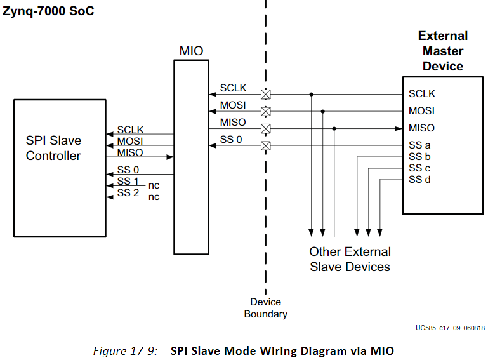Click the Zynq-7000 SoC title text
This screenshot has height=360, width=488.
pos(48,11)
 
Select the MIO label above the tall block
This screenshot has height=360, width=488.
pos(191,51)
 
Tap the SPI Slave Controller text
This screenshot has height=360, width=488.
pos(53,148)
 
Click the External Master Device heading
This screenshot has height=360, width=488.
pos(442,51)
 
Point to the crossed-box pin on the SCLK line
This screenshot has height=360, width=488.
pos(266,94)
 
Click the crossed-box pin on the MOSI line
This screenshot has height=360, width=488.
pos(266,111)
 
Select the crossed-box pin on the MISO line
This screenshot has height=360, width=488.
pos(266,128)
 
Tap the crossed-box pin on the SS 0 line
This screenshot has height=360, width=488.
pos(266,146)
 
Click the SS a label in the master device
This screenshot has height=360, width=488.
pos(419,145)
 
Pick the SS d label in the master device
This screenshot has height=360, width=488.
pos(419,180)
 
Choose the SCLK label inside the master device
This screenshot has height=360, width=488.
pos(422,94)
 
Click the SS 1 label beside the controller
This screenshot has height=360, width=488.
pos(128,182)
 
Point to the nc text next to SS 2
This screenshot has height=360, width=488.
pos(154,197)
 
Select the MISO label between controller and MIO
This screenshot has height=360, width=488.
pos(130,153)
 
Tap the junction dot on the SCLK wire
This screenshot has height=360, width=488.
pos(311,94)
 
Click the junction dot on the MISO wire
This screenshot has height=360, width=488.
pos(334,128)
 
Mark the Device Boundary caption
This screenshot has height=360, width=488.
pos(265,308)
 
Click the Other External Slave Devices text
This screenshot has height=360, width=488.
pos(350,259)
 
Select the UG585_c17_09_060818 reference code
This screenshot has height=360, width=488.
pos(450,328)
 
